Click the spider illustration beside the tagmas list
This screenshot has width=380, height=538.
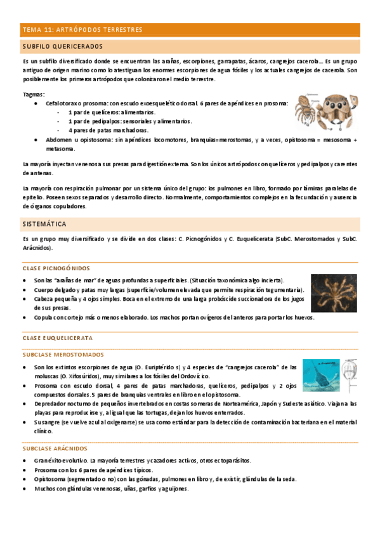326,109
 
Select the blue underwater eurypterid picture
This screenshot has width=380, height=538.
320,376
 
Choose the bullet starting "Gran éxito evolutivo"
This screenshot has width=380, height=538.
143,460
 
